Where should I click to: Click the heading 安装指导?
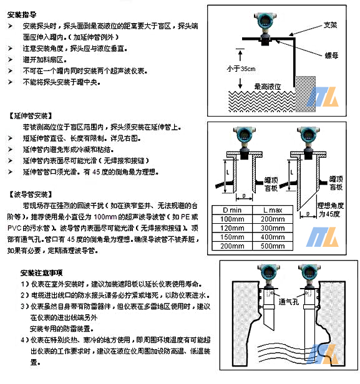[x=22, y=15]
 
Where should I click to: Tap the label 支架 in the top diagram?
[x=330, y=25]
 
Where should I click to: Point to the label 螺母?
[x=331, y=55]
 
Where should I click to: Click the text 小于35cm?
[x=241, y=69]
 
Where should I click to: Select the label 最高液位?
[x=268, y=87]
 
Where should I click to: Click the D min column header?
[x=232, y=210]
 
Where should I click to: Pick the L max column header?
[x=273, y=210]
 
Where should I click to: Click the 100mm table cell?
[x=232, y=219]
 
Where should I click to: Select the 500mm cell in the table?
[x=273, y=246]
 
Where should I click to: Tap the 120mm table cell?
[x=232, y=228]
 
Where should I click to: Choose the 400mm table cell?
[x=273, y=237]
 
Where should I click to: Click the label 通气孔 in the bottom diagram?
[x=289, y=302]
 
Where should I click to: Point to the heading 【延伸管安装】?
[x=31, y=116]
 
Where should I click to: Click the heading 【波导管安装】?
[x=31, y=194]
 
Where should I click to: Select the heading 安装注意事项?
[x=42, y=273]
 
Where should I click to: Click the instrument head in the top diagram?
[x=265, y=20]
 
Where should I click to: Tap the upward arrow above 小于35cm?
[x=240, y=55]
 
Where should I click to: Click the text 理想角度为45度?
[x=331, y=209]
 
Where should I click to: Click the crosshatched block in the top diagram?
[x=305, y=94]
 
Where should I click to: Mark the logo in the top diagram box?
[x=323, y=97]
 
